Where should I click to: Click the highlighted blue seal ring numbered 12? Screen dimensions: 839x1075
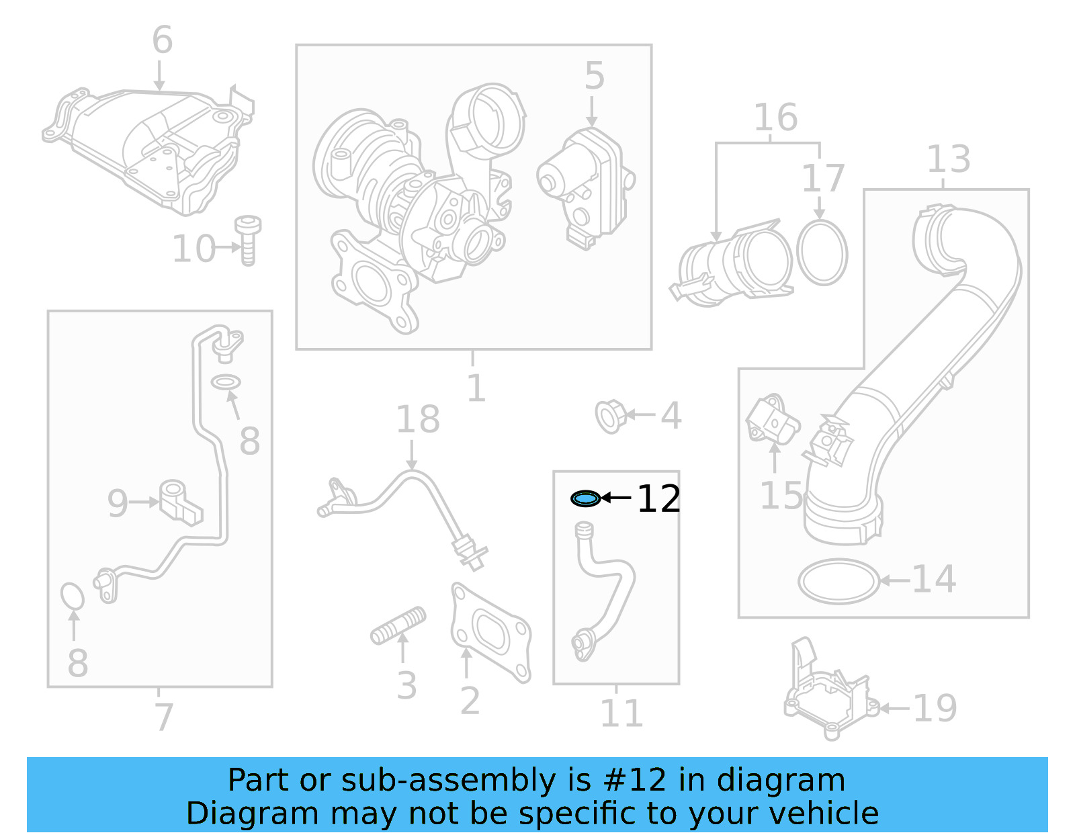pos(585,498)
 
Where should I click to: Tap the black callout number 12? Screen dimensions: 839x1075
pos(658,499)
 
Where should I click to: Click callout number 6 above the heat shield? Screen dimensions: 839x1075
pos(162,40)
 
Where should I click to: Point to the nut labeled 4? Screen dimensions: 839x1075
pos(610,416)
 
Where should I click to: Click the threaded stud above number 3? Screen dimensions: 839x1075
pos(398,626)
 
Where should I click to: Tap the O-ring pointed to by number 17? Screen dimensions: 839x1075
pos(822,252)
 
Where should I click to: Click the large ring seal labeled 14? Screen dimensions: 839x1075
pos(839,581)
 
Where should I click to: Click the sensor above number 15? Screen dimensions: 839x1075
pos(773,420)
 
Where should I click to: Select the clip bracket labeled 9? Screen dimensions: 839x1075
pos(179,502)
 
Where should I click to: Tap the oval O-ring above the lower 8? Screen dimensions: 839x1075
pos(72,596)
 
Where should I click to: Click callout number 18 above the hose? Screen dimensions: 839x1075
pos(418,420)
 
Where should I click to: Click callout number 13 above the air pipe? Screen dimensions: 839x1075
pos(948,160)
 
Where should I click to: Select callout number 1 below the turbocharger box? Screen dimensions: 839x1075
pos(476,388)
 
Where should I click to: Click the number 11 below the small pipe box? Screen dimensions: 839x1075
pos(621,713)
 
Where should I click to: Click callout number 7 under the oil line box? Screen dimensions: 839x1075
pos(163,717)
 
